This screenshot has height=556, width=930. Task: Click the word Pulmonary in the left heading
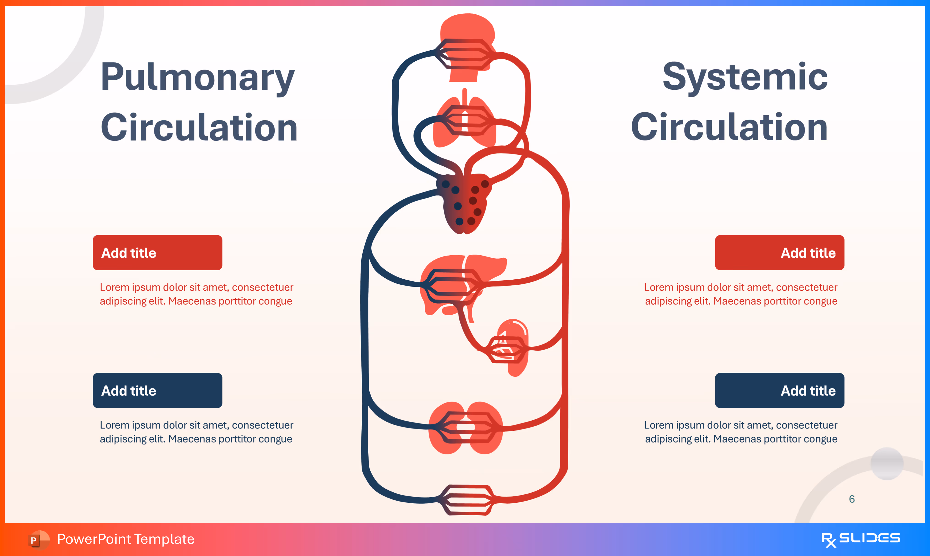coord(198,77)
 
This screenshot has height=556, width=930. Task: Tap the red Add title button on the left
coord(158,253)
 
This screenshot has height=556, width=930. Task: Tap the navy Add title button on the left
coord(158,390)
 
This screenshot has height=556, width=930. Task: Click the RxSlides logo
coord(860,539)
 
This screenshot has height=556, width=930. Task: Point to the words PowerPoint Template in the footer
coord(126,539)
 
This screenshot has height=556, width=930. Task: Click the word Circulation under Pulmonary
coord(199,127)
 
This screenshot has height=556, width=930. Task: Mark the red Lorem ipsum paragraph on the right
coord(741,294)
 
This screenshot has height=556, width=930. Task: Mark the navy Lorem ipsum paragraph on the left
coord(196,432)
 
